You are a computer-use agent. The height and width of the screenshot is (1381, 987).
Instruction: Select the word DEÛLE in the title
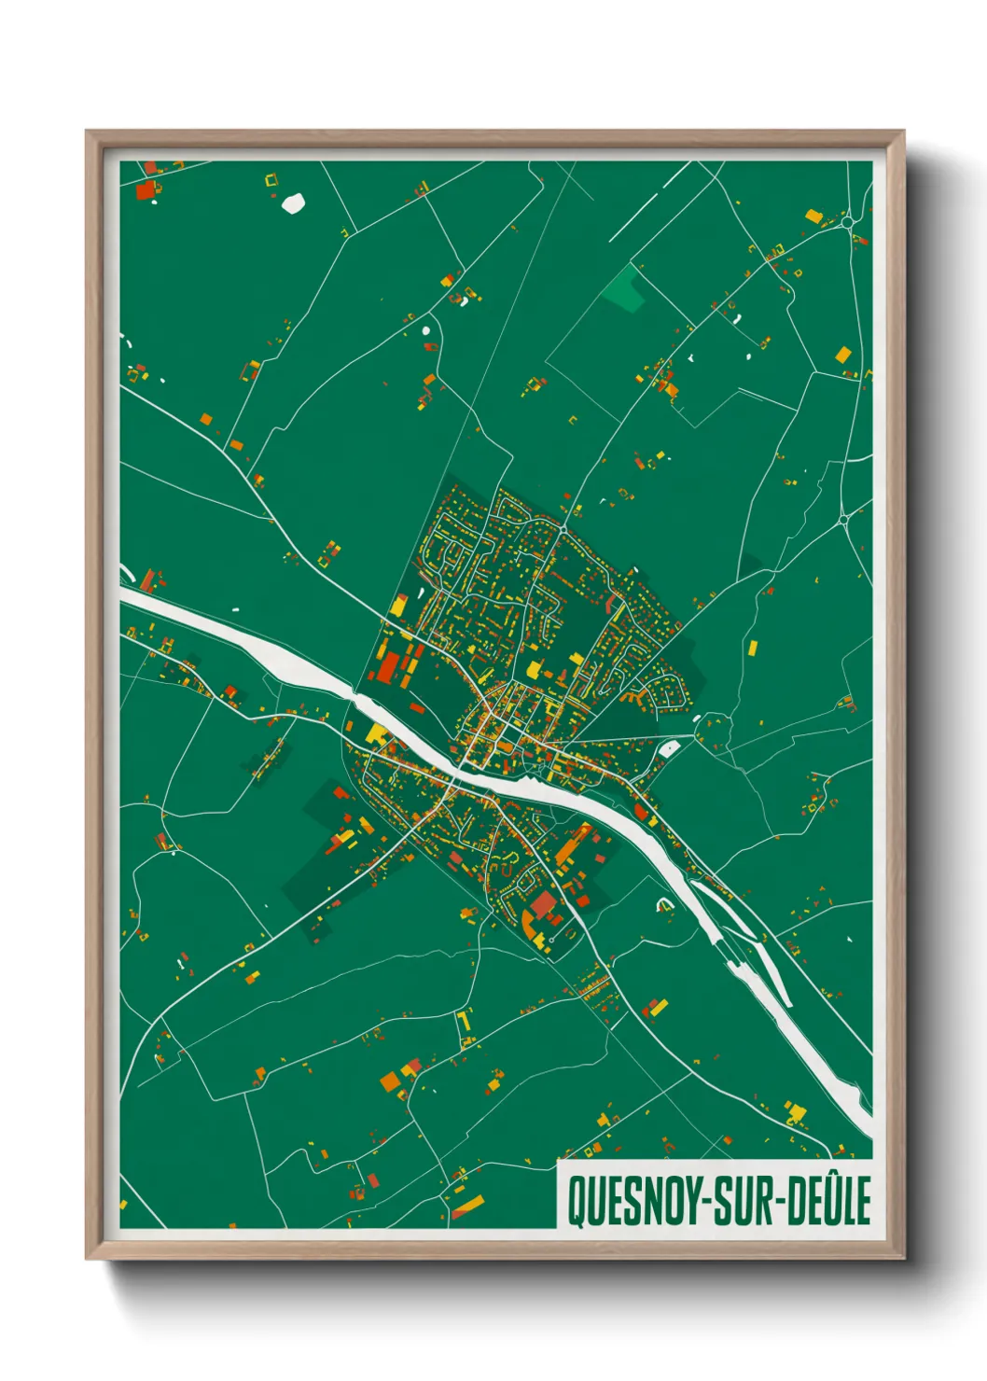(x=829, y=1202)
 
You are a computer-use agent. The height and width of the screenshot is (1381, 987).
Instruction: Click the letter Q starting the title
(x=576, y=1202)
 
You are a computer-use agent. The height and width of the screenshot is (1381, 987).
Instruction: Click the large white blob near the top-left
(x=293, y=202)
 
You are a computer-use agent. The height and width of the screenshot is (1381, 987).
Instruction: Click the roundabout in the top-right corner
(x=846, y=222)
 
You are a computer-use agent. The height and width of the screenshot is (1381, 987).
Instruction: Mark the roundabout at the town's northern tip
(x=563, y=529)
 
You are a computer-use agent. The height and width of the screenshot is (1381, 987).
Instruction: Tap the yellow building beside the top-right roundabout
(x=813, y=216)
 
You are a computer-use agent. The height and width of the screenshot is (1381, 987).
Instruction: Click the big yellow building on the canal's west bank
(x=377, y=734)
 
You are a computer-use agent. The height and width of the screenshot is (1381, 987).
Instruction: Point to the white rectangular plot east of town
(x=669, y=747)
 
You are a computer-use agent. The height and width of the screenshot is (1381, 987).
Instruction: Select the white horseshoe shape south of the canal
(x=665, y=903)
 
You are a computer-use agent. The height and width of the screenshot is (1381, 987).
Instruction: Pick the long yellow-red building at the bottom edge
(x=468, y=1207)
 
